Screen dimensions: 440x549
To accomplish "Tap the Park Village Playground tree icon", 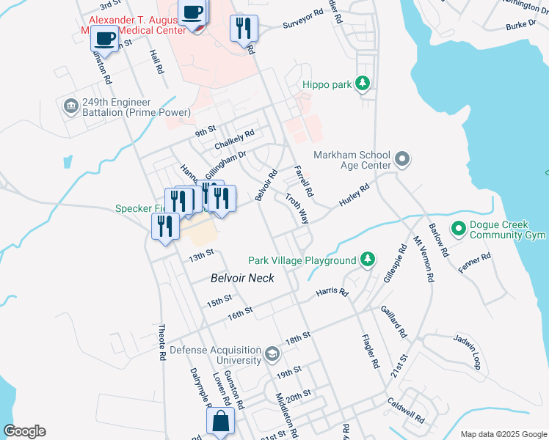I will coord(368,260).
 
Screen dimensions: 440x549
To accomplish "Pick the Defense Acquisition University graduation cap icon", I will coord(272,355).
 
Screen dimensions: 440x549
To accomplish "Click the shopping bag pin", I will coord(221,422).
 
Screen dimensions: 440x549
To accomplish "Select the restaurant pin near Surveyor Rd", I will coord(242,29).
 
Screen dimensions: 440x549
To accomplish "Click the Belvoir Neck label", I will coord(242,278).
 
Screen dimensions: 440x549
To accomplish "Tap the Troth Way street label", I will coord(297,208).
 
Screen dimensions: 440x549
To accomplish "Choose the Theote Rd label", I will coord(162,342).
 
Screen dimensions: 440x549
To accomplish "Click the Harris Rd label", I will coord(332,292).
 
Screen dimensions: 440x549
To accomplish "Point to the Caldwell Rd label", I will coord(406,410).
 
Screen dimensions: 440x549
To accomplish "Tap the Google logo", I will coord(24,431).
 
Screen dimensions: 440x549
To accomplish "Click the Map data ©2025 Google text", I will coord(503,434).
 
